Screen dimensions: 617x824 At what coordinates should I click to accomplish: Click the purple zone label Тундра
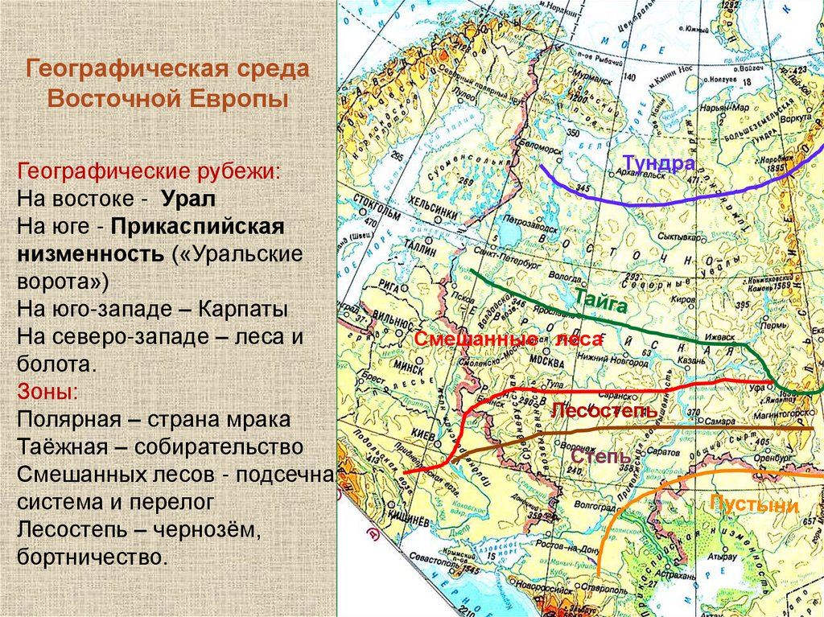657,163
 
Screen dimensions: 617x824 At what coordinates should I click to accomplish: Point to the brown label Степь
601,457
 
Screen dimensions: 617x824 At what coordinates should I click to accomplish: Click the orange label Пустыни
753,505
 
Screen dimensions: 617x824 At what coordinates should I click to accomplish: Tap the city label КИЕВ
423,435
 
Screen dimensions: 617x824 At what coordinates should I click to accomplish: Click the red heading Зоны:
47,393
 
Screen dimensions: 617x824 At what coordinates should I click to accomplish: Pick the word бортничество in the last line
93,557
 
